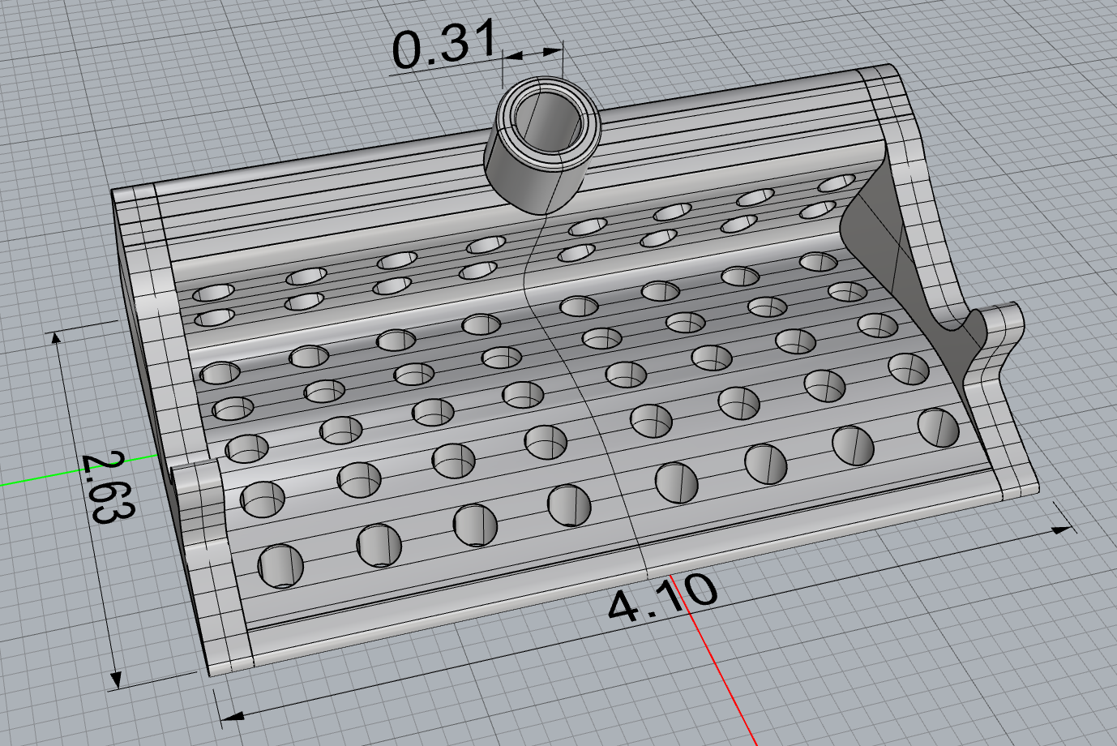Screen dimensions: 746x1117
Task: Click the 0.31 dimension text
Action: point(442,47)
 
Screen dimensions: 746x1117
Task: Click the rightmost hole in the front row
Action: point(939,427)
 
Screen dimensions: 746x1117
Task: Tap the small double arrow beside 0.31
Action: point(533,53)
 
